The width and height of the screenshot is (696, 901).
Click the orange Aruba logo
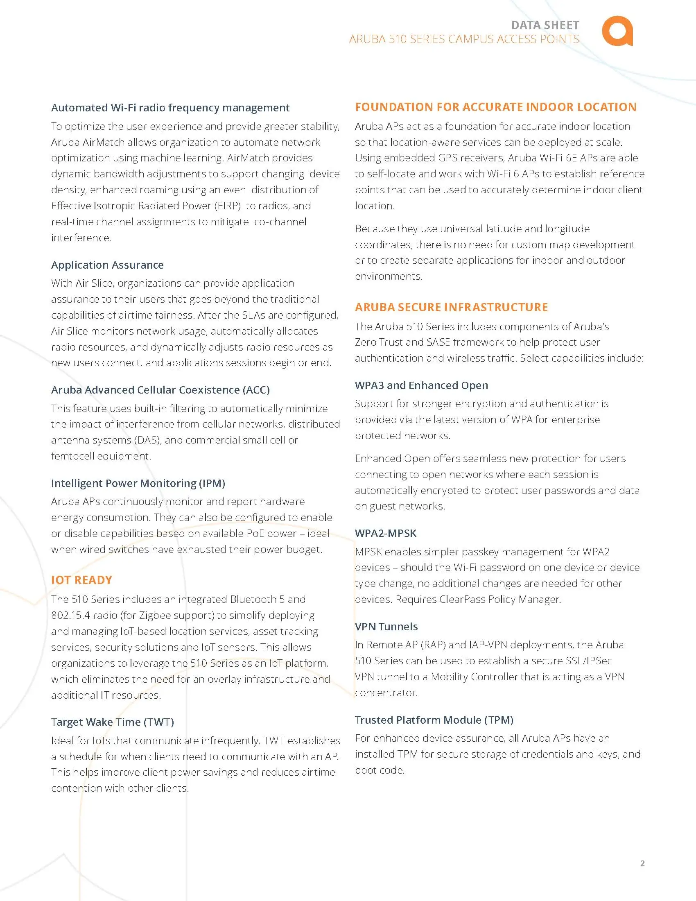coord(617,31)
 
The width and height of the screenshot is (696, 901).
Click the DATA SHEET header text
coord(545,25)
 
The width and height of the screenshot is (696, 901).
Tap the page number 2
coord(642,863)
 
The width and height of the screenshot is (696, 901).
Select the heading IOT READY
coord(81,580)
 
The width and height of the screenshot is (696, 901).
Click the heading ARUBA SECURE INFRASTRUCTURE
coord(451,307)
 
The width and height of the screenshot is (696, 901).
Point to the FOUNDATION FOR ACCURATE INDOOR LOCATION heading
coord(495,107)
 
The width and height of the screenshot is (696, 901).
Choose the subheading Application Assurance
coord(107,265)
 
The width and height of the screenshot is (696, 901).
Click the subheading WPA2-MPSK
coord(385,533)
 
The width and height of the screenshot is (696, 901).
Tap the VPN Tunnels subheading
coord(386,626)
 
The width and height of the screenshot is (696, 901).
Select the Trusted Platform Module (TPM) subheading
coord(434,720)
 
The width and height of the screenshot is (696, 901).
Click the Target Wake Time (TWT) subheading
coord(112,722)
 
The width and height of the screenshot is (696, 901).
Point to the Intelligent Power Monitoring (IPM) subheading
coord(138,483)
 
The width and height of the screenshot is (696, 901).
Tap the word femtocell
coord(74,456)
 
